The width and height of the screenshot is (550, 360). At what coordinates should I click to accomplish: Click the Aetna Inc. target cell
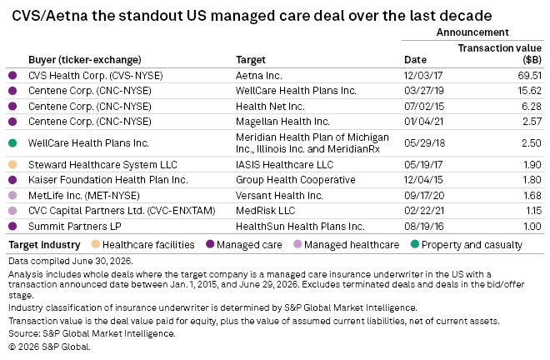(259, 76)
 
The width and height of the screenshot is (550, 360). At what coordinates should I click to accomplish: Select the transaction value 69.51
(530, 76)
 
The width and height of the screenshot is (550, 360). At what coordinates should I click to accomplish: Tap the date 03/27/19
(423, 91)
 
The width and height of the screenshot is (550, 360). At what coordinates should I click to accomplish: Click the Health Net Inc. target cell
(270, 106)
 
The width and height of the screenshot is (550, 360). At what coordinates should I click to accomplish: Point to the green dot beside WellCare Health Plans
(12, 142)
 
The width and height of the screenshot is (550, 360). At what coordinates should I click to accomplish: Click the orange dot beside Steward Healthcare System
(12, 164)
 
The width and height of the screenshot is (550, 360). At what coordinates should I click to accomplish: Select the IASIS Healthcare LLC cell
(284, 164)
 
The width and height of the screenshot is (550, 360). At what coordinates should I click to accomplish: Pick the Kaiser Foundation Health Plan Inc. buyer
(108, 180)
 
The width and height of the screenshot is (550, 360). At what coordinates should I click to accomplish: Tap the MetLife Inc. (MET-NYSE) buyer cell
(84, 195)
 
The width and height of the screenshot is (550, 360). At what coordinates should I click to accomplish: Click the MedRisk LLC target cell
(266, 211)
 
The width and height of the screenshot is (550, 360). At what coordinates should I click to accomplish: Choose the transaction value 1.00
(532, 226)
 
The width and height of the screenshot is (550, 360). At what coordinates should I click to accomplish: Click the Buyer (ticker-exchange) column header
(84, 60)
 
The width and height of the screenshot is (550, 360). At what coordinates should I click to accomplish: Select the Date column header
(415, 60)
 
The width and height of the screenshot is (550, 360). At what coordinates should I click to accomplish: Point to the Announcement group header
(472, 32)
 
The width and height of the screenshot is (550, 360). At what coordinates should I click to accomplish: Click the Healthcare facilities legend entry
(142, 244)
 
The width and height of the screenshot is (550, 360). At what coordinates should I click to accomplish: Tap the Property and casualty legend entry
(467, 244)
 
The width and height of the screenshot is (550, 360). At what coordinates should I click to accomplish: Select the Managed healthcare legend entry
(346, 244)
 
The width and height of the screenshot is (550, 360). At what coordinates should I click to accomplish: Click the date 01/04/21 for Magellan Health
(423, 122)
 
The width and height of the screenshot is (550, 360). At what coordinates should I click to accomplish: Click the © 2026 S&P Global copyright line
(49, 347)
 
